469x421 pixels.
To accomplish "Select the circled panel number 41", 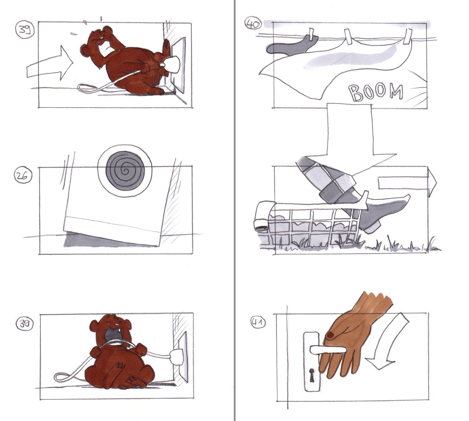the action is coord(258,322).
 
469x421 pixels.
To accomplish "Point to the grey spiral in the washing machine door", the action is coord(125,171).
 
